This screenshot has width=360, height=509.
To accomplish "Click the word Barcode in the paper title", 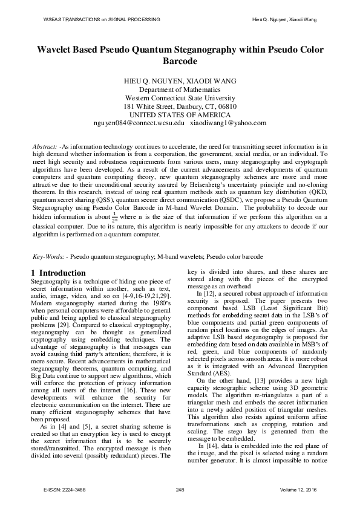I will coord(180,62).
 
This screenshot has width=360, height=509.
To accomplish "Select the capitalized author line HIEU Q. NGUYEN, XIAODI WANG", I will coord(180,80).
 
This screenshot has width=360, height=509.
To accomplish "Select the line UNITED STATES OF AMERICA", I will coord(180,114).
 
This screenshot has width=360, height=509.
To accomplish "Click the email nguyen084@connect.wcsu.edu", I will coord(139,123).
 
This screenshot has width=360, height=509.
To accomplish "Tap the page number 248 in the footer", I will coord(180,488).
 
